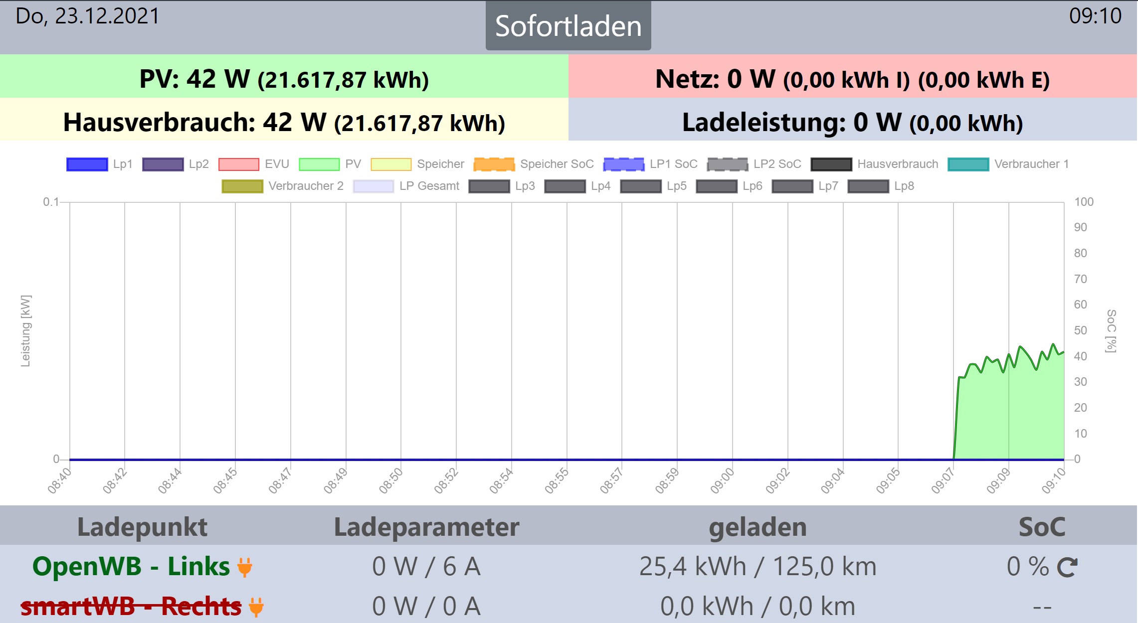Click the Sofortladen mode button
tap(568, 26)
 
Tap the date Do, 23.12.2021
tap(88, 16)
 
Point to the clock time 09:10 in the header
tap(1095, 16)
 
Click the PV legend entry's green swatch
tap(319, 164)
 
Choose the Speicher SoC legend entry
tap(534, 164)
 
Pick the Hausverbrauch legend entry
tap(875, 164)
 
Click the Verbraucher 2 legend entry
tap(283, 186)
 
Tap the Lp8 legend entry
tap(881, 186)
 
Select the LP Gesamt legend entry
tap(406, 186)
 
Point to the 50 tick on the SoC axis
tap(1080, 330)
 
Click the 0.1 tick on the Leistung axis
tap(50, 202)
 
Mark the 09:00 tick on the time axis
tap(723, 481)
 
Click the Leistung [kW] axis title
tap(25, 330)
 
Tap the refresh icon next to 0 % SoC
tap(1067, 567)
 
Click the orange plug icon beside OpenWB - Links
tap(245, 567)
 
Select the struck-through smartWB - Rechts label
tap(131, 607)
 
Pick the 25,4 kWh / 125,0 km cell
tap(758, 567)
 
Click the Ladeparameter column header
tap(426, 527)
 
